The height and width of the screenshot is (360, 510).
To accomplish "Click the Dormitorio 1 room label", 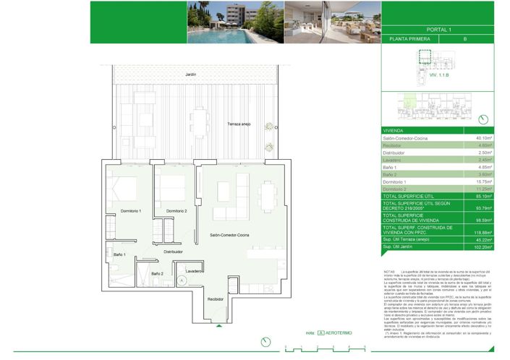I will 130,210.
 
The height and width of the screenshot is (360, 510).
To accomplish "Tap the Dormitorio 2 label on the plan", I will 177,210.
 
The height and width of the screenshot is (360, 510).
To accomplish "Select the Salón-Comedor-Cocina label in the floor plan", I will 230,236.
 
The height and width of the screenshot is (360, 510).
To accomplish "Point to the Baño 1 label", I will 120,255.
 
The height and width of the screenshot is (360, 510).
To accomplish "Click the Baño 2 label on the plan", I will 158,273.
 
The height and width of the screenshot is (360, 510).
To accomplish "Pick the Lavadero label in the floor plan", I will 193,270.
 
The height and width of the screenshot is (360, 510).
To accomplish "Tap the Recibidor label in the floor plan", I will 215,299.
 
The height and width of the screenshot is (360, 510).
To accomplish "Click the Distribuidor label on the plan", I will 173,252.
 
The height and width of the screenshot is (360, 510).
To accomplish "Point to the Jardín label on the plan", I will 190,74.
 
